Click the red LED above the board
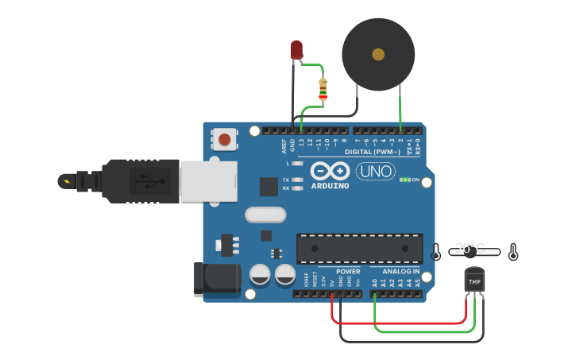click(296, 49)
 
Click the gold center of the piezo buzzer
click(378, 54)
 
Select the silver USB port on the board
click(208, 181)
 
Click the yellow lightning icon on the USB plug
click(66, 181)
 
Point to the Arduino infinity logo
click(330, 171)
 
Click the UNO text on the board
click(375, 171)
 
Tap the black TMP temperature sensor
click(474, 281)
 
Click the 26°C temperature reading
click(470, 247)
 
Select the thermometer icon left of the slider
click(436, 253)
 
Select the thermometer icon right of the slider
click(513, 253)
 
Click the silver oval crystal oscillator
click(265, 215)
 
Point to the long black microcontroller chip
click(359, 248)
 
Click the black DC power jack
click(217, 280)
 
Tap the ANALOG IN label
click(395, 272)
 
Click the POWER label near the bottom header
click(348, 272)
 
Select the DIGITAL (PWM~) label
click(373, 151)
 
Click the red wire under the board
click(397, 323)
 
